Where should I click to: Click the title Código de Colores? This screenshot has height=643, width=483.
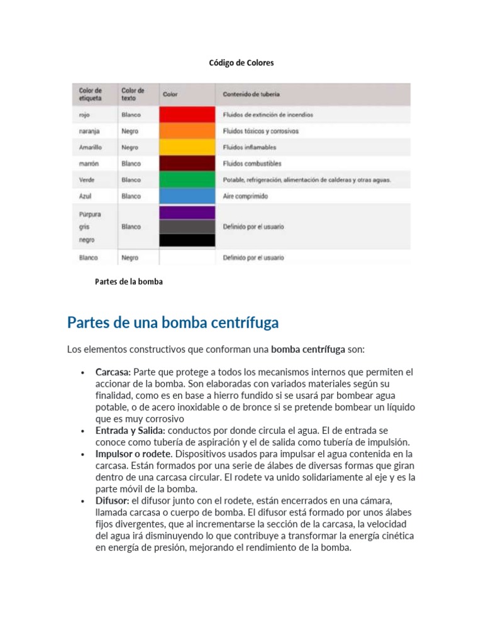[x=241, y=63]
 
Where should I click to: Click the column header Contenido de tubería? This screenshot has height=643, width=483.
[x=252, y=95]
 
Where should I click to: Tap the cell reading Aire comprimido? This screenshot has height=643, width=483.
[x=245, y=197]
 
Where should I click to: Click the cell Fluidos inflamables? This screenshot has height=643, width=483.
[x=250, y=148]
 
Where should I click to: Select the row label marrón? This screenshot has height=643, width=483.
[x=89, y=164]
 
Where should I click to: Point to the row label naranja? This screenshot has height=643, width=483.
[x=90, y=131]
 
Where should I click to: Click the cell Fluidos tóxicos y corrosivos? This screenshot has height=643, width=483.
[x=261, y=131]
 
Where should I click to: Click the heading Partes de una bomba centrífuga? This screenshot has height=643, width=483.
[x=172, y=323]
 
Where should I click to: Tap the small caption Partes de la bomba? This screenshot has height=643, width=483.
[x=128, y=282]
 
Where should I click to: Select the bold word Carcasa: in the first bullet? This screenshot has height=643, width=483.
[x=113, y=372]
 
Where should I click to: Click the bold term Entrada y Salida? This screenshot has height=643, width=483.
[x=130, y=430]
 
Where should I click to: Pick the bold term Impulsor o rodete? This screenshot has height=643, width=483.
[x=133, y=453]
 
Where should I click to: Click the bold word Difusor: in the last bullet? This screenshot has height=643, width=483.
[x=112, y=500]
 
